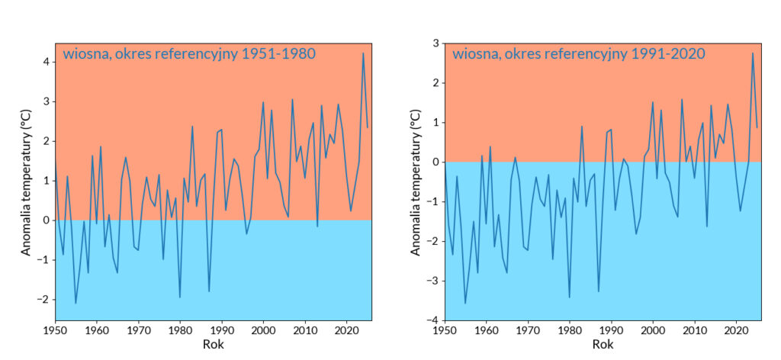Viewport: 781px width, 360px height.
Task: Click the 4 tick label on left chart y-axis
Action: point(45,62)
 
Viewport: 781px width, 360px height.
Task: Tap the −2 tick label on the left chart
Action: point(41,300)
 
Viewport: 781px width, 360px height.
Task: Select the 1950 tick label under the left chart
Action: point(54,331)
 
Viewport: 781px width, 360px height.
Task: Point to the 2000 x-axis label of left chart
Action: point(263,331)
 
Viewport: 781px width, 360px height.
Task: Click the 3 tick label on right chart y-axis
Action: point(434,43)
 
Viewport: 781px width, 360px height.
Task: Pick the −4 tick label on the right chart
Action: point(431,320)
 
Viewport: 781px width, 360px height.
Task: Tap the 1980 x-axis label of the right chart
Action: point(569,331)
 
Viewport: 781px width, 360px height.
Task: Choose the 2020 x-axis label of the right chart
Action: point(736,331)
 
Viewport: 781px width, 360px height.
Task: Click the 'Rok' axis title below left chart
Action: point(214,345)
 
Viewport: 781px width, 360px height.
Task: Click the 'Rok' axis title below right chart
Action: point(603,345)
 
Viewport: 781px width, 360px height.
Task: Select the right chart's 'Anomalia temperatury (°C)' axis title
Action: point(416,181)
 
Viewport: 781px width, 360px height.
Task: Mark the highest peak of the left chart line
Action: point(363,53)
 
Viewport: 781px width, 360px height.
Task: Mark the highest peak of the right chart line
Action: point(753,53)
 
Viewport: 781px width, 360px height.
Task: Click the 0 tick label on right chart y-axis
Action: point(434,162)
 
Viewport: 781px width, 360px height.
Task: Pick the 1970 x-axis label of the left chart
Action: point(138,331)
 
